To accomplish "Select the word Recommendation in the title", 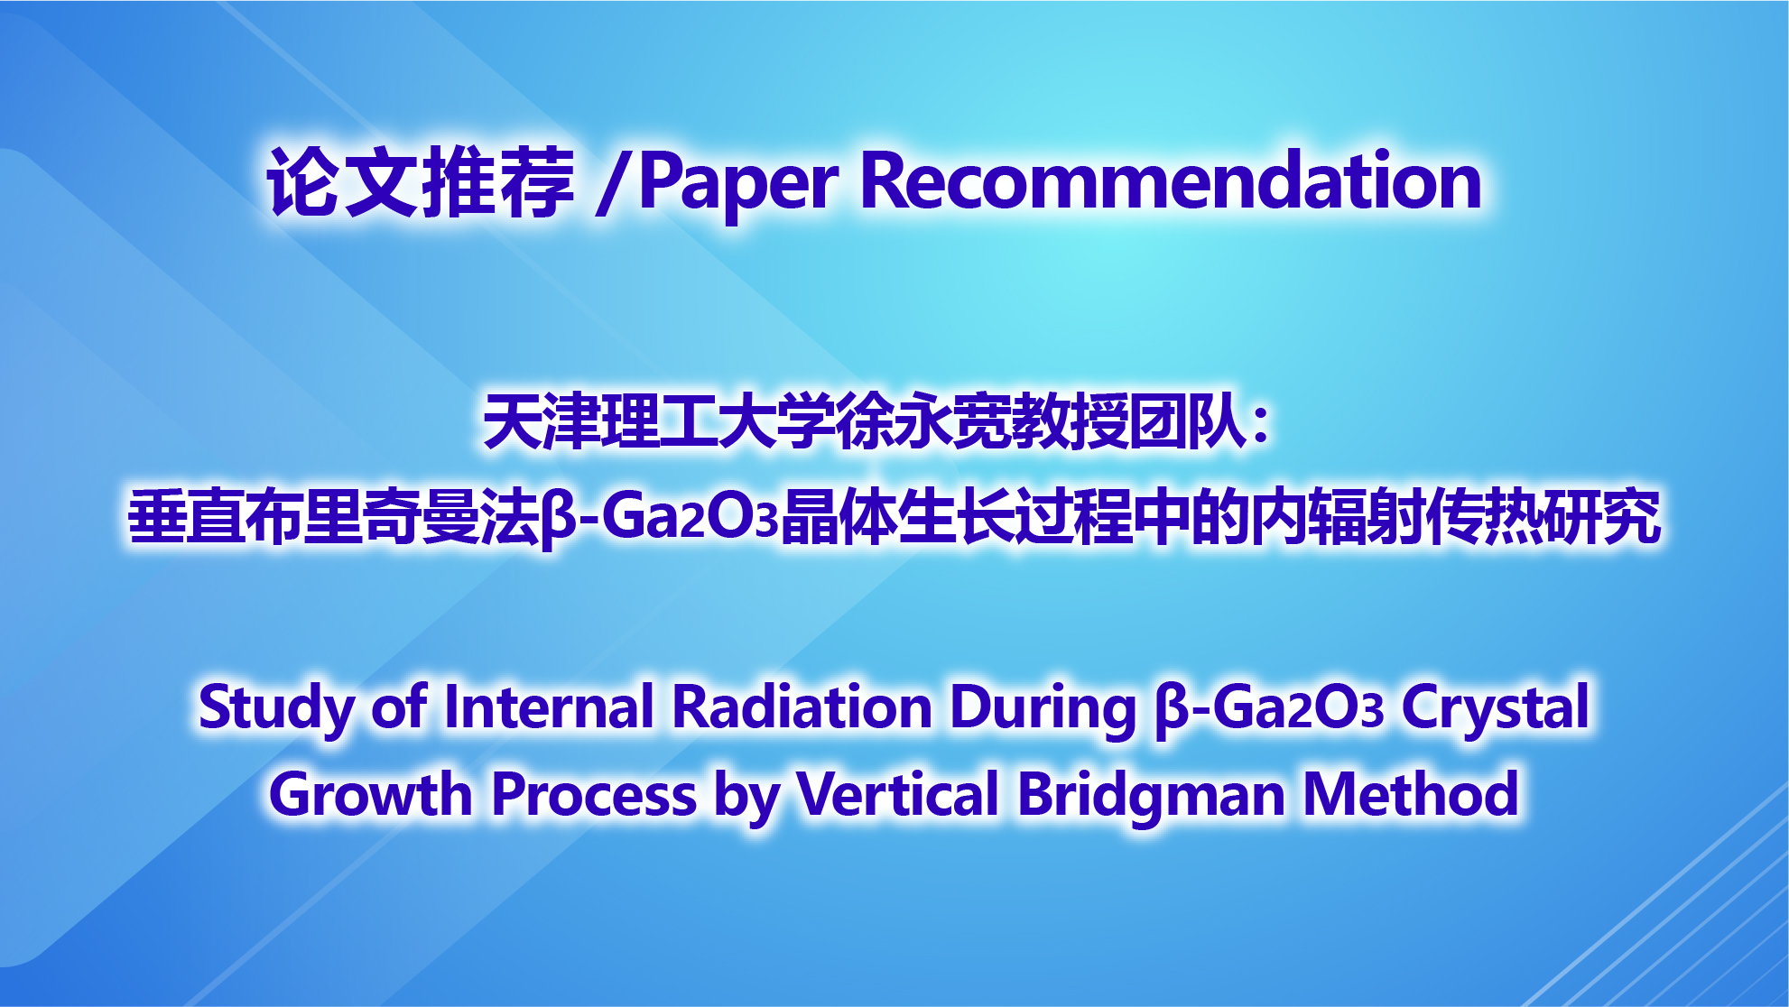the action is point(1171,180).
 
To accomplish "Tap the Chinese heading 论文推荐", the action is point(421,181).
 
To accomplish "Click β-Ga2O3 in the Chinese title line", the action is point(660,519).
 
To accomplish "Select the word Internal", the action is point(549,706).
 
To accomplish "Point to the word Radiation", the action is point(802,706).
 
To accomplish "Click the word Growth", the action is point(370,794).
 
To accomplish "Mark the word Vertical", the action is point(897,794).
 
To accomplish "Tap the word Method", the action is point(1412,794).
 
